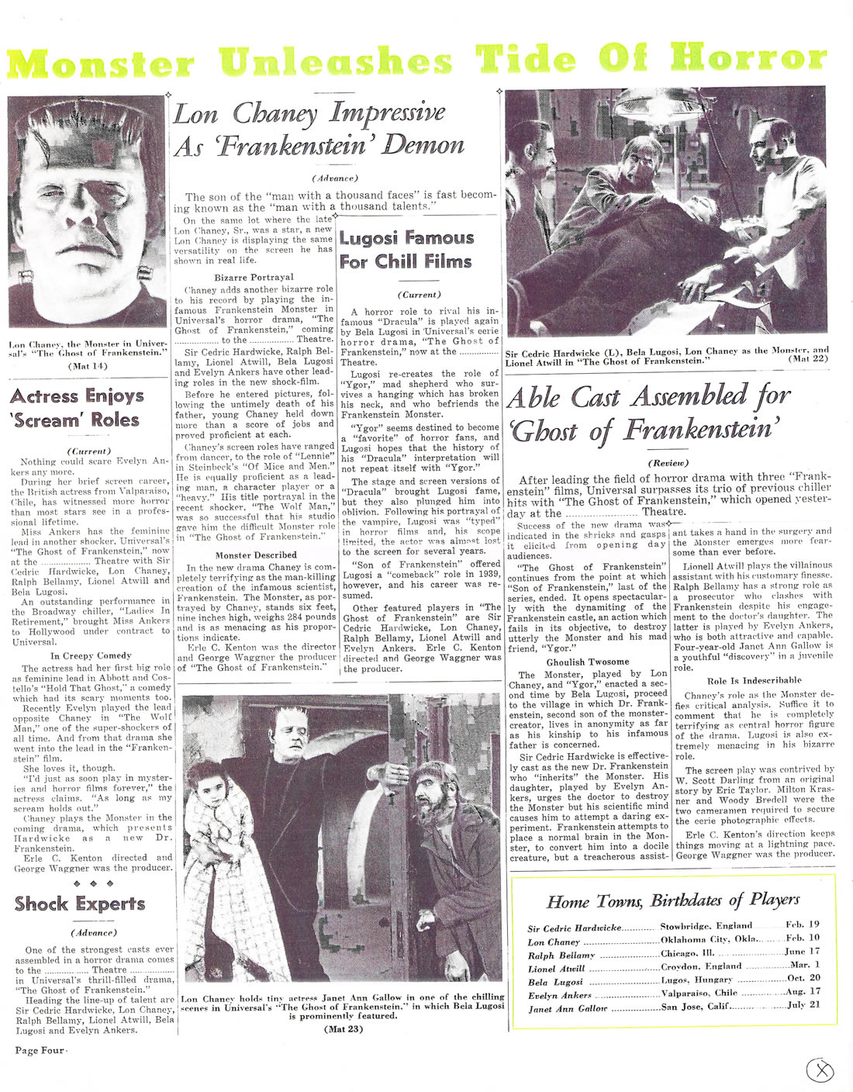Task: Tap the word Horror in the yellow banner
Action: tap(748, 59)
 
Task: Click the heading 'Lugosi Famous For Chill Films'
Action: tap(406, 250)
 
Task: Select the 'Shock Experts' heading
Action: tap(80, 904)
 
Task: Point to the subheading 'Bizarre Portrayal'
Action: tap(254, 277)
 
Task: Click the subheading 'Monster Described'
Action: tap(256, 555)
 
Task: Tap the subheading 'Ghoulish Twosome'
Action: tap(587, 662)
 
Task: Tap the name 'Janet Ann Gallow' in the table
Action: tap(568, 1010)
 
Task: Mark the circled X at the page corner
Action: tap(820, 1070)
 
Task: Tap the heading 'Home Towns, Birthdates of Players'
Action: tap(672, 900)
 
